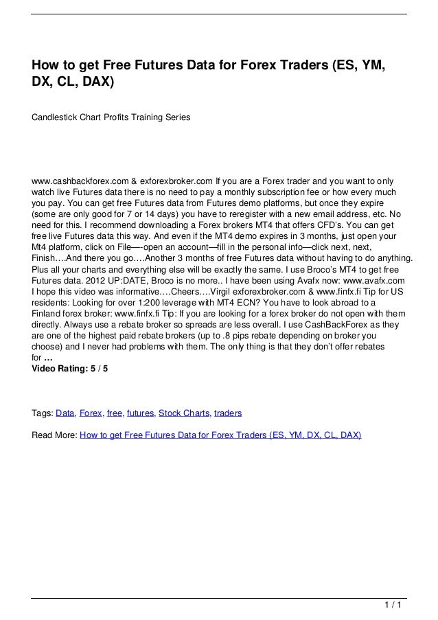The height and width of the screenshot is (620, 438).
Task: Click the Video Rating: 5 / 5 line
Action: coord(70,368)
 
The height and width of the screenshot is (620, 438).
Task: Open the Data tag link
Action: coord(65,413)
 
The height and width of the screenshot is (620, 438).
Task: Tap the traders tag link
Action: coord(228,413)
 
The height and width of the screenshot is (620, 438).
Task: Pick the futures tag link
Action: coord(140,413)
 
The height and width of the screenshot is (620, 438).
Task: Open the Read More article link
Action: coord(220,435)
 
